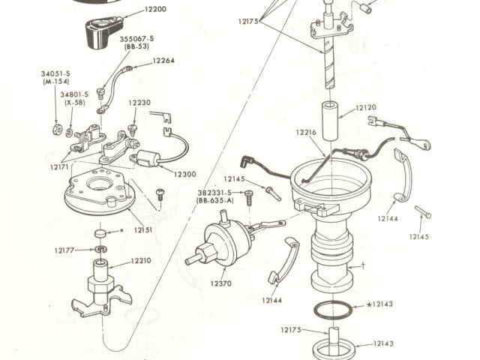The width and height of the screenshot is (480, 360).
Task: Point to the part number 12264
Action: (165, 61)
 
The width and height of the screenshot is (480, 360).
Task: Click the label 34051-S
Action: (55, 73)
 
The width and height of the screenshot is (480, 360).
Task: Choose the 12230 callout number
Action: (139, 103)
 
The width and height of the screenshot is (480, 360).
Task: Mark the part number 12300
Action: (184, 174)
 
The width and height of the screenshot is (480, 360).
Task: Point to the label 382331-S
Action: (215, 192)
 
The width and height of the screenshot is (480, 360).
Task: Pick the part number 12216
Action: (307, 132)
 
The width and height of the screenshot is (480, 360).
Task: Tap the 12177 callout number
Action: (65, 250)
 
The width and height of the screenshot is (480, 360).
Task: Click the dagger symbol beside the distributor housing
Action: (362, 265)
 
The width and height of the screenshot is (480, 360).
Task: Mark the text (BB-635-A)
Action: (215, 201)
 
